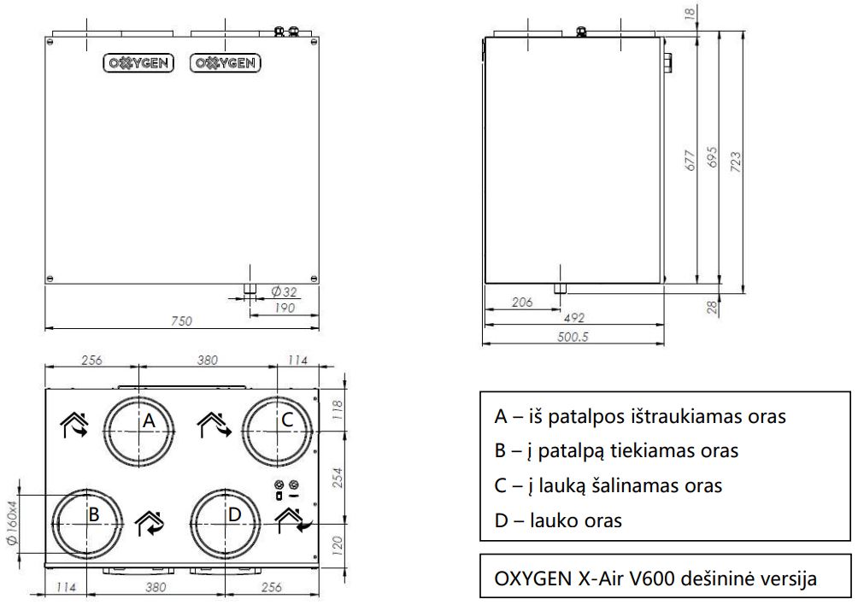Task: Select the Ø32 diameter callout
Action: point(284,291)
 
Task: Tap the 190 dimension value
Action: point(284,308)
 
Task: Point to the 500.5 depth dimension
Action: point(573,337)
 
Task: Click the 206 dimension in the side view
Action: point(521,302)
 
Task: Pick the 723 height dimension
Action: point(736,162)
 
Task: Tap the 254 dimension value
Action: point(338,478)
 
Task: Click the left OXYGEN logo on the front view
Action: point(138,63)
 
